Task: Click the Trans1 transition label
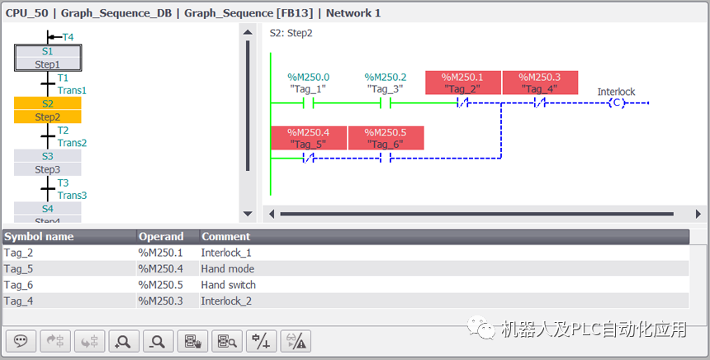[x=72, y=90]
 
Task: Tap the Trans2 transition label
[x=72, y=143]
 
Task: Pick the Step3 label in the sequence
[x=47, y=169]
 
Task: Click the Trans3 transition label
[x=72, y=196]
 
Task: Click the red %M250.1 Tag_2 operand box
[x=462, y=83]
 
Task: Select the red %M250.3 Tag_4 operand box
[x=541, y=83]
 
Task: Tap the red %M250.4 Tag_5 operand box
[x=308, y=138]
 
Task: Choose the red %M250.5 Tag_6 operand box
[x=386, y=138]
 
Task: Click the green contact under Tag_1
[x=307, y=103]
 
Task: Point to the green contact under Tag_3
[x=385, y=103]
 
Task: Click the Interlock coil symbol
[x=616, y=103]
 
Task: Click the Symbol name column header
[x=39, y=236]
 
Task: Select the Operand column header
[x=161, y=236]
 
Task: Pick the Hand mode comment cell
[x=228, y=269]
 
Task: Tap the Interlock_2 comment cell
[x=226, y=301]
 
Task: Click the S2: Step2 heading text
[x=291, y=33]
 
